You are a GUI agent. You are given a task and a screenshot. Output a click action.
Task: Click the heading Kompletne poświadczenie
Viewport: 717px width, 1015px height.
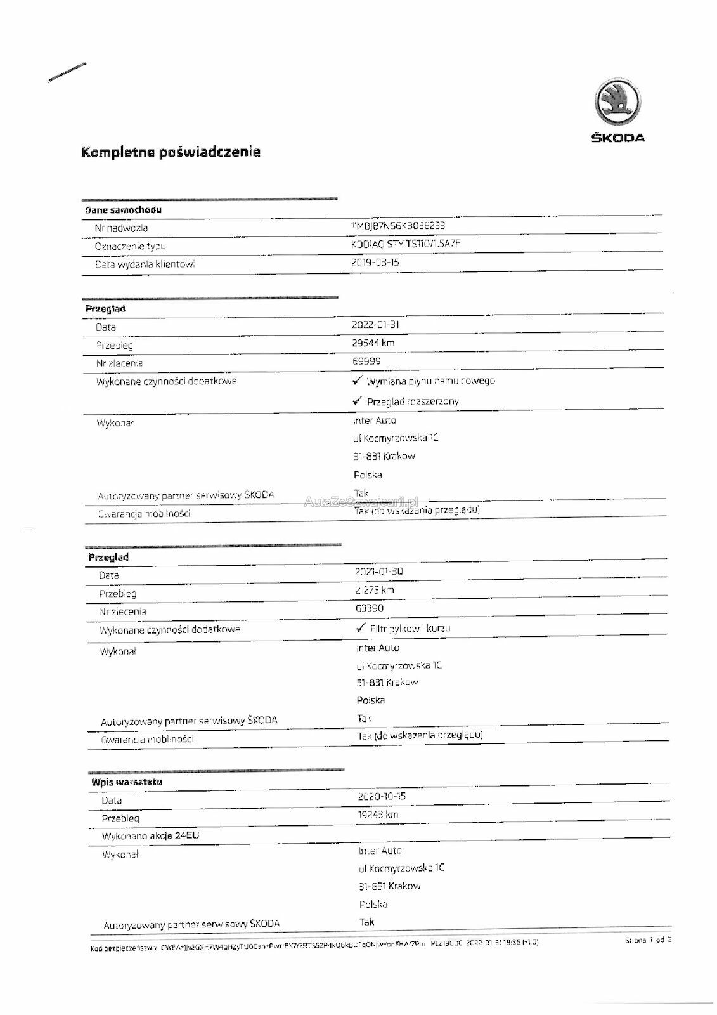point(171,152)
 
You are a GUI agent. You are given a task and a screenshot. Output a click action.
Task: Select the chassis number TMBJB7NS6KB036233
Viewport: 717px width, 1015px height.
point(398,226)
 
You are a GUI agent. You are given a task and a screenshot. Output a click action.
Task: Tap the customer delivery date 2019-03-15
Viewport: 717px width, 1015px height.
point(375,262)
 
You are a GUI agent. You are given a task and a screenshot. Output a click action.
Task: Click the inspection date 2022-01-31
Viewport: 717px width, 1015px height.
point(375,325)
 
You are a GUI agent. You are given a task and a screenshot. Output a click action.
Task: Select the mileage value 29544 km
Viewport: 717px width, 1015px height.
point(373,343)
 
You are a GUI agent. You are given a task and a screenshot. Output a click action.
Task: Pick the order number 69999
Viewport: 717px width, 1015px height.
point(366,360)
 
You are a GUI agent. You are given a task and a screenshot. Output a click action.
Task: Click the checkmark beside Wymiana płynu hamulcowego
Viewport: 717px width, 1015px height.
point(358,380)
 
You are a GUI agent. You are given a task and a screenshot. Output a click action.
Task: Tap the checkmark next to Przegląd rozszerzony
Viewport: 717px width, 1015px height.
point(358,400)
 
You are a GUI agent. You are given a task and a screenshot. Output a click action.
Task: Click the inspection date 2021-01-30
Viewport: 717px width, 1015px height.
point(378,572)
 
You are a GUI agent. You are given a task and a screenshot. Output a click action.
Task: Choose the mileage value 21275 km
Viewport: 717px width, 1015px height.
point(375,590)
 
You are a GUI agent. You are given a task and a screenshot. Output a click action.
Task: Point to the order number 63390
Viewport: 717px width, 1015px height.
point(369,608)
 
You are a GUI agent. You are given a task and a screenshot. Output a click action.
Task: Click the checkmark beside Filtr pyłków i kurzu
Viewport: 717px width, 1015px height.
point(361,627)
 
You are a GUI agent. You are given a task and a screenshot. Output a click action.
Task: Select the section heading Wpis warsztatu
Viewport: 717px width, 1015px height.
point(127,782)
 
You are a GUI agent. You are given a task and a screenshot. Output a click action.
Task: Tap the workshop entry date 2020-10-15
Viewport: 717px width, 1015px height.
point(382,796)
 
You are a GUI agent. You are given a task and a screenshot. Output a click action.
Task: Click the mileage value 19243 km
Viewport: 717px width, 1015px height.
point(378,815)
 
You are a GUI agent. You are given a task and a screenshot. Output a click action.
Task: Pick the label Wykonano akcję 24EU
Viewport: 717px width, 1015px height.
point(151,835)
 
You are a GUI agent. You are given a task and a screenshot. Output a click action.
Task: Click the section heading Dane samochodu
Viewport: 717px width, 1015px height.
point(124,210)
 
